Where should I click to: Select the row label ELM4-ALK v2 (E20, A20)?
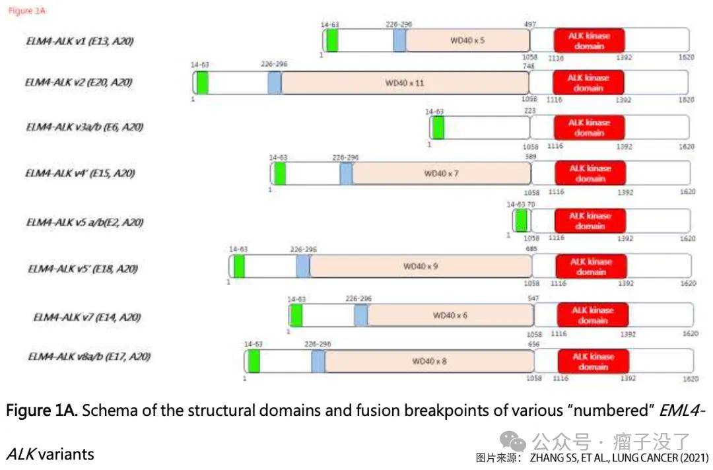click(79, 83)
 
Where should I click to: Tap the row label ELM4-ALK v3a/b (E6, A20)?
click(85, 127)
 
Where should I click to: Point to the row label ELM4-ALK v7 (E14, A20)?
click(87, 317)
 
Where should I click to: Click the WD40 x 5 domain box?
click(467, 40)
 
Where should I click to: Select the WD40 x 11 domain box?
click(404, 83)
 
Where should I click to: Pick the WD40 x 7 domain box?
click(441, 174)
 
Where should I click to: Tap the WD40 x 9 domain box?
click(421, 266)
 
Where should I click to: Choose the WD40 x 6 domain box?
click(450, 316)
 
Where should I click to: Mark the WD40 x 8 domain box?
click(429, 361)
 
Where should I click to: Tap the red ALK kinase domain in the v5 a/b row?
click(590, 220)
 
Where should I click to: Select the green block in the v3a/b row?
click(438, 127)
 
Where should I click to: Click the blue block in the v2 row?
click(275, 83)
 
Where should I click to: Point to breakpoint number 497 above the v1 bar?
click(530, 24)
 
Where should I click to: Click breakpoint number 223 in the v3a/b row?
click(530, 112)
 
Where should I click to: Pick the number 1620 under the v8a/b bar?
click(690, 379)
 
